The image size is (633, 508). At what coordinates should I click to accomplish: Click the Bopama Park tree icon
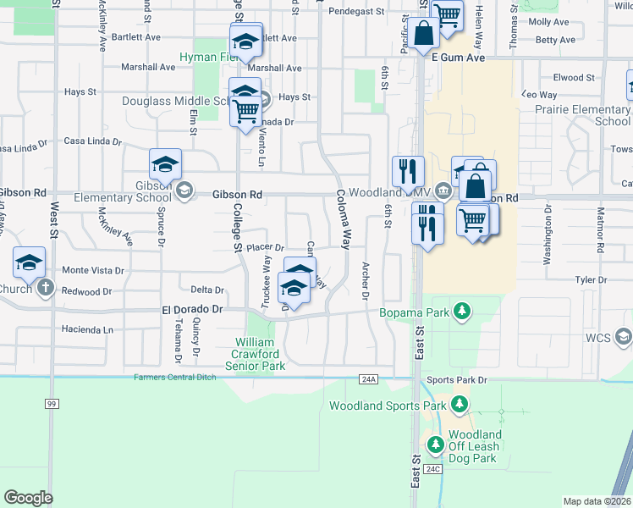coord(462,312)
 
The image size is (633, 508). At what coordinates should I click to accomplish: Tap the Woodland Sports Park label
coord(387,406)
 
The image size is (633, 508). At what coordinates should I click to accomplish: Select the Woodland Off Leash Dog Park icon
coord(436,444)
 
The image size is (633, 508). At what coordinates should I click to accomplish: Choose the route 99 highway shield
coord(52,403)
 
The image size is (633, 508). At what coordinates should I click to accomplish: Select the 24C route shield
coord(433,468)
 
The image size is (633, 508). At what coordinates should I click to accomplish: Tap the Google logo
coord(28,498)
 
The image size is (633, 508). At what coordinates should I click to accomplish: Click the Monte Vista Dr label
coord(93,270)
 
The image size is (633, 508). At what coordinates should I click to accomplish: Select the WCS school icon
coord(624,337)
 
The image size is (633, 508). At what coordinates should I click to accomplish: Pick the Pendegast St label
coord(357,13)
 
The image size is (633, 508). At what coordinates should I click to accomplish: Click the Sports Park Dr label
coord(458,380)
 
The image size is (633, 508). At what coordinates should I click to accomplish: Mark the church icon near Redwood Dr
coord(46,290)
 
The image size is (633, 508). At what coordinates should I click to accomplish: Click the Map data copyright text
coord(597,501)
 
